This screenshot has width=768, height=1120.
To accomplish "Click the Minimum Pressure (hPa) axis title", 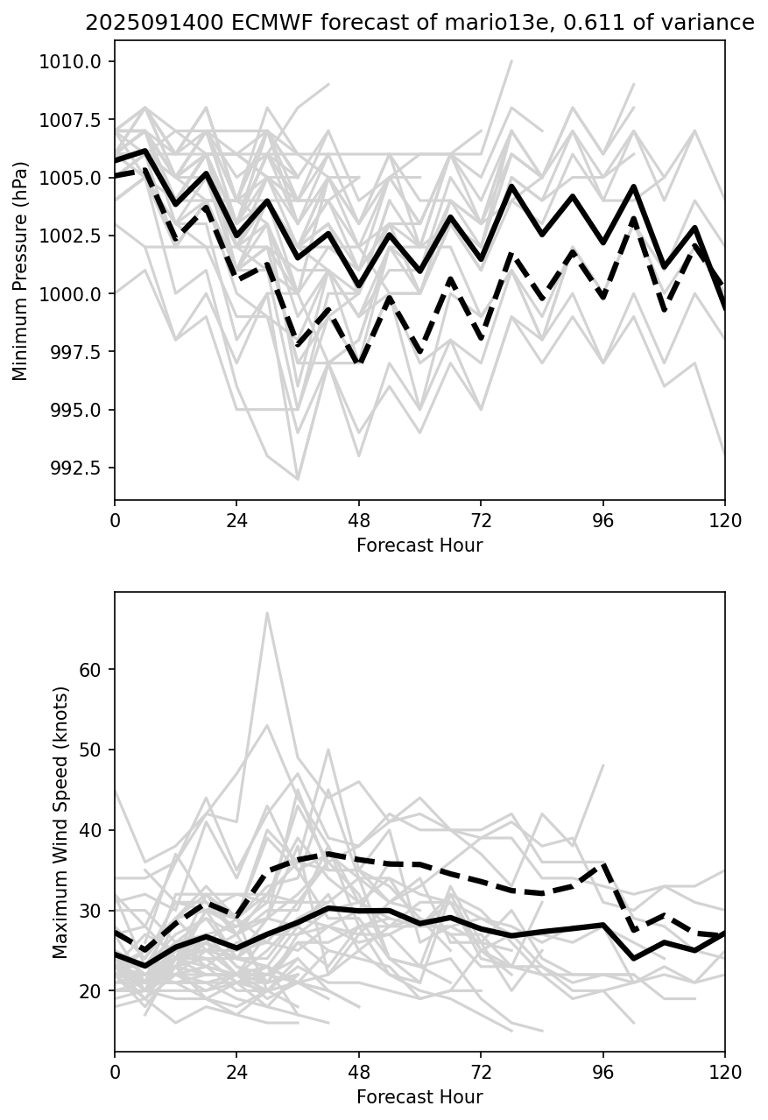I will [20, 271].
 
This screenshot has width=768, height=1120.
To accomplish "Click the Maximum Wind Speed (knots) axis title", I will [60, 822].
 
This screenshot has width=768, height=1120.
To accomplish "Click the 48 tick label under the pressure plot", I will [359, 519].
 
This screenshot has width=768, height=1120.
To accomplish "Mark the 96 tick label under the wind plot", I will [602, 1071].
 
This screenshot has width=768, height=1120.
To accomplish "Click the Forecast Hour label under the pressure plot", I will [419, 546].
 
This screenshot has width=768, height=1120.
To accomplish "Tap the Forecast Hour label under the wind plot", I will [419, 1097].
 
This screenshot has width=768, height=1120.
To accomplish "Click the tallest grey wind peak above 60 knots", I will [267, 612].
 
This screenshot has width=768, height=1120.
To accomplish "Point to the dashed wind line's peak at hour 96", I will [602, 864].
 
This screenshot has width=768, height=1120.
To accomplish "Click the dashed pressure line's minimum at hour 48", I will [359, 362].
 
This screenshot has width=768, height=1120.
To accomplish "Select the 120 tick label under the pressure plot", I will [724, 519].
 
